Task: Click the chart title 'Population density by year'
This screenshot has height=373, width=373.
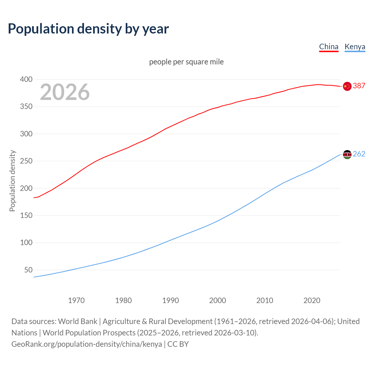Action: pos(88,29)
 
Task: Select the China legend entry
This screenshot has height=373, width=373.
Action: pos(329,47)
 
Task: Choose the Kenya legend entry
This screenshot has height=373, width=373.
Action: pos(355,47)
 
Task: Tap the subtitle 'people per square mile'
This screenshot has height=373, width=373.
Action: pos(186,62)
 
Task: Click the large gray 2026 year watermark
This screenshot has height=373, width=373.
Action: pos(65,92)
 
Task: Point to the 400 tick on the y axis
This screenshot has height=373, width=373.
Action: pos(26,79)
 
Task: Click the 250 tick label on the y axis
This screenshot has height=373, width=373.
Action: pos(26,161)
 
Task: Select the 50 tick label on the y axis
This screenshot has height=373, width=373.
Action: pos(28,270)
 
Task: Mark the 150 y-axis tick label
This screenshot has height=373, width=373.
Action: pos(26,216)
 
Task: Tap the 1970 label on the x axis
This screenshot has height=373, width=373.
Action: pos(76,300)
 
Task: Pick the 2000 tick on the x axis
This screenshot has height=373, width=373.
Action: pos(218,300)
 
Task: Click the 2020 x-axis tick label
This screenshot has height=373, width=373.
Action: pos(312,300)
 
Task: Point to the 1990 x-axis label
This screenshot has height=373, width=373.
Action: pos(170,300)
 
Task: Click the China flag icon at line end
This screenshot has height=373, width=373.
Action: pos(347,86)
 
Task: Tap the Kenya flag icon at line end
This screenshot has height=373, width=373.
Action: pos(347,154)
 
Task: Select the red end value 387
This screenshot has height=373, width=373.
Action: pos(359,86)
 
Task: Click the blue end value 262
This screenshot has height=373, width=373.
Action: pos(359,154)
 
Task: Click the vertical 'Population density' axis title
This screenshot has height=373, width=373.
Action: pos(12,181)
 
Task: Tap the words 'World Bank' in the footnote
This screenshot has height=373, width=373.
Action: pos(78,321)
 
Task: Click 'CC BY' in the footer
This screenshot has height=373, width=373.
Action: pos(178,344)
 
